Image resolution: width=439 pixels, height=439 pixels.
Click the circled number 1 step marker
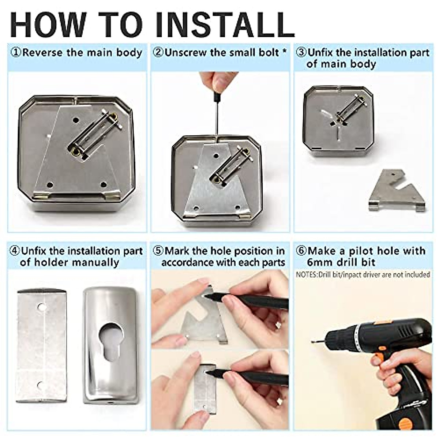coord(16,53)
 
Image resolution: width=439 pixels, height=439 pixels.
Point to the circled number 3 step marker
coord(301,53)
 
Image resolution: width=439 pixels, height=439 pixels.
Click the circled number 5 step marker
coord(158,251)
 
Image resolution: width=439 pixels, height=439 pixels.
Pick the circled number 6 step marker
coord(301,251)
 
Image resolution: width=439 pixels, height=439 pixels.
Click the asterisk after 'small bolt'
coord(284,51)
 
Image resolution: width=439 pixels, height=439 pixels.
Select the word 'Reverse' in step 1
coord(42,53)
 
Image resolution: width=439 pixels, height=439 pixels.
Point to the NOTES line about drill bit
coord(363,275)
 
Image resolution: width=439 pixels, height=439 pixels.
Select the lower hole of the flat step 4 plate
coord(40,386)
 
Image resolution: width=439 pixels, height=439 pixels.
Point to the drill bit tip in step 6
coord(312,341)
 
